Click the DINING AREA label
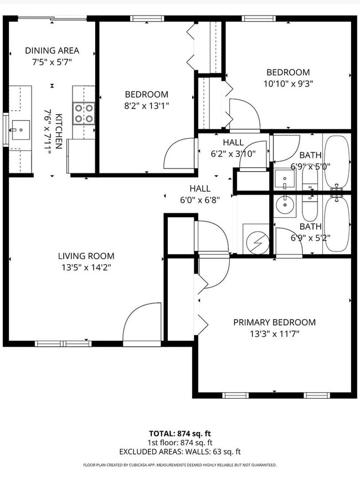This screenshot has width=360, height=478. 52,50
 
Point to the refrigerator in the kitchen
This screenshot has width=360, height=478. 81,156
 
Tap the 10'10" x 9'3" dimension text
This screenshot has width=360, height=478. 288,84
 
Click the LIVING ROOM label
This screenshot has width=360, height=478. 86,256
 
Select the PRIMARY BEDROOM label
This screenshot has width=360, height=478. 274,322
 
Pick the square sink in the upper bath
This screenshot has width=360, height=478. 285,179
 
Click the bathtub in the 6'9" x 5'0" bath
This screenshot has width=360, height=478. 336,162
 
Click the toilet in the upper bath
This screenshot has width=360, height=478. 310,178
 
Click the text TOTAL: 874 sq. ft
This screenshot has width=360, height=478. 180,433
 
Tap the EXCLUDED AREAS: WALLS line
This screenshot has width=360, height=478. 180,452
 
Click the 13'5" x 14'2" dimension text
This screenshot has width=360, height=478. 86,267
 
